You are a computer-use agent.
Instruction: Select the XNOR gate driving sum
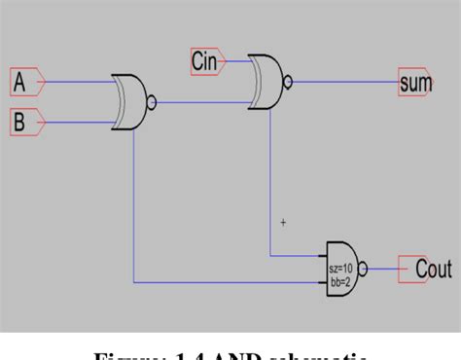(x=266, y=81)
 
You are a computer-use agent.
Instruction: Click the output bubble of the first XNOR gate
(x=152, y=100)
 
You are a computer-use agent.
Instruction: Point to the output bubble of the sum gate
(x=288, y=82)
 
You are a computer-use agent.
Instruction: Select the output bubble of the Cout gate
(x=364, y=270)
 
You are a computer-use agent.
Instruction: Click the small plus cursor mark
(x=283, y=223)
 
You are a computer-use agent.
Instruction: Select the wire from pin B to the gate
(x=78, y=123)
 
